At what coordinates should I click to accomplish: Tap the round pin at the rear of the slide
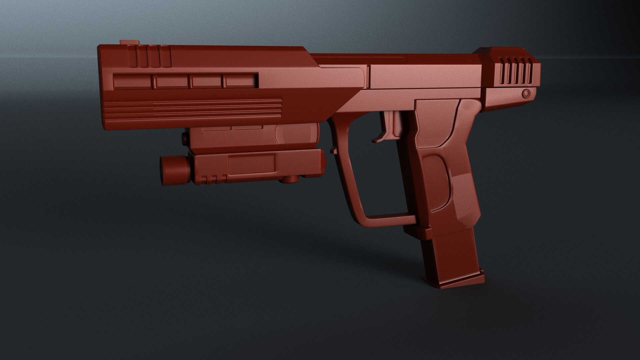526,93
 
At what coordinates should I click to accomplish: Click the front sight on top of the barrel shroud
130,42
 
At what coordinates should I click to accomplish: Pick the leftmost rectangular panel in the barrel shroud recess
133,82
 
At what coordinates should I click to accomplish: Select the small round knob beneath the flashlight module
289,180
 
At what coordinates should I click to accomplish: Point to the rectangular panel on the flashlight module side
251,164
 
